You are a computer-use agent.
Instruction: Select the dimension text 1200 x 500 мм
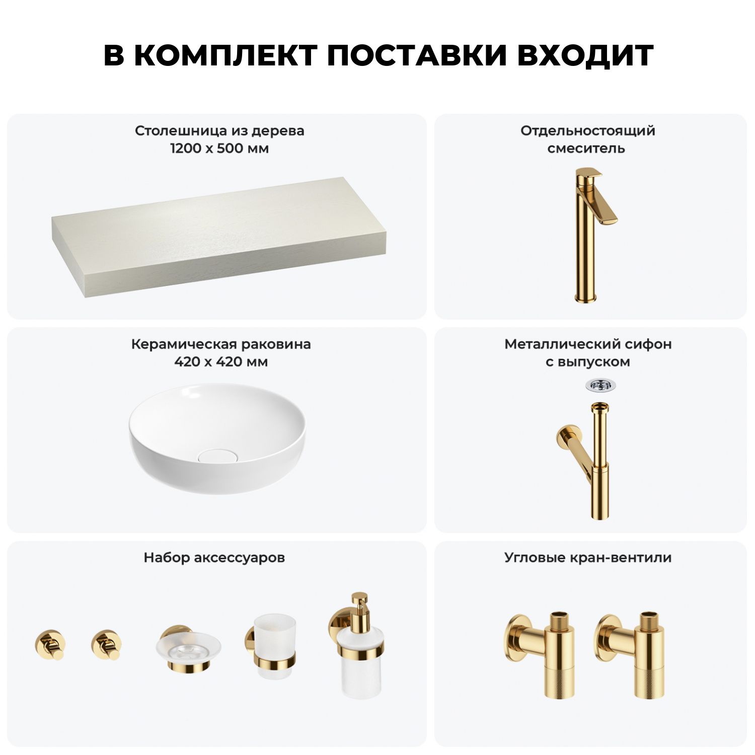(219, 148)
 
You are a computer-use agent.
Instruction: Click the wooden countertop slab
(219, 237)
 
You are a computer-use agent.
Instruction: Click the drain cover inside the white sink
(217, 456)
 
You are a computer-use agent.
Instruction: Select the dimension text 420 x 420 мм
(221, 362)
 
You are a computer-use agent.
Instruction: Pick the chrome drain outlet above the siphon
(600, 386)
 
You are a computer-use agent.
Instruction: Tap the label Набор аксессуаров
(214, 558)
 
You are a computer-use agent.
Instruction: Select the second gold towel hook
(106, 644)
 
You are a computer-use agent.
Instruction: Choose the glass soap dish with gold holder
(188, 649)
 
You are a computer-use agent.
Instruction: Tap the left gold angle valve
(539, 655)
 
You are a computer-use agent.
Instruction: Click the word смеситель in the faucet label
(586, 148)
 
